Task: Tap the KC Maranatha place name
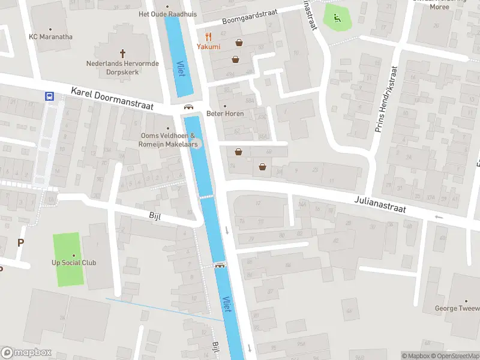[50, 37]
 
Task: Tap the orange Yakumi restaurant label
[208, 46]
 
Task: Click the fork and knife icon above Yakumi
[208, 36]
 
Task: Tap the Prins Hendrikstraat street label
[385, 100]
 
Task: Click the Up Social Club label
[74, 263]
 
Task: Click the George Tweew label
[457, 308]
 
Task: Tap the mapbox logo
[26, 353]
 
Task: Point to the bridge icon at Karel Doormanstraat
[188, 107]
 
